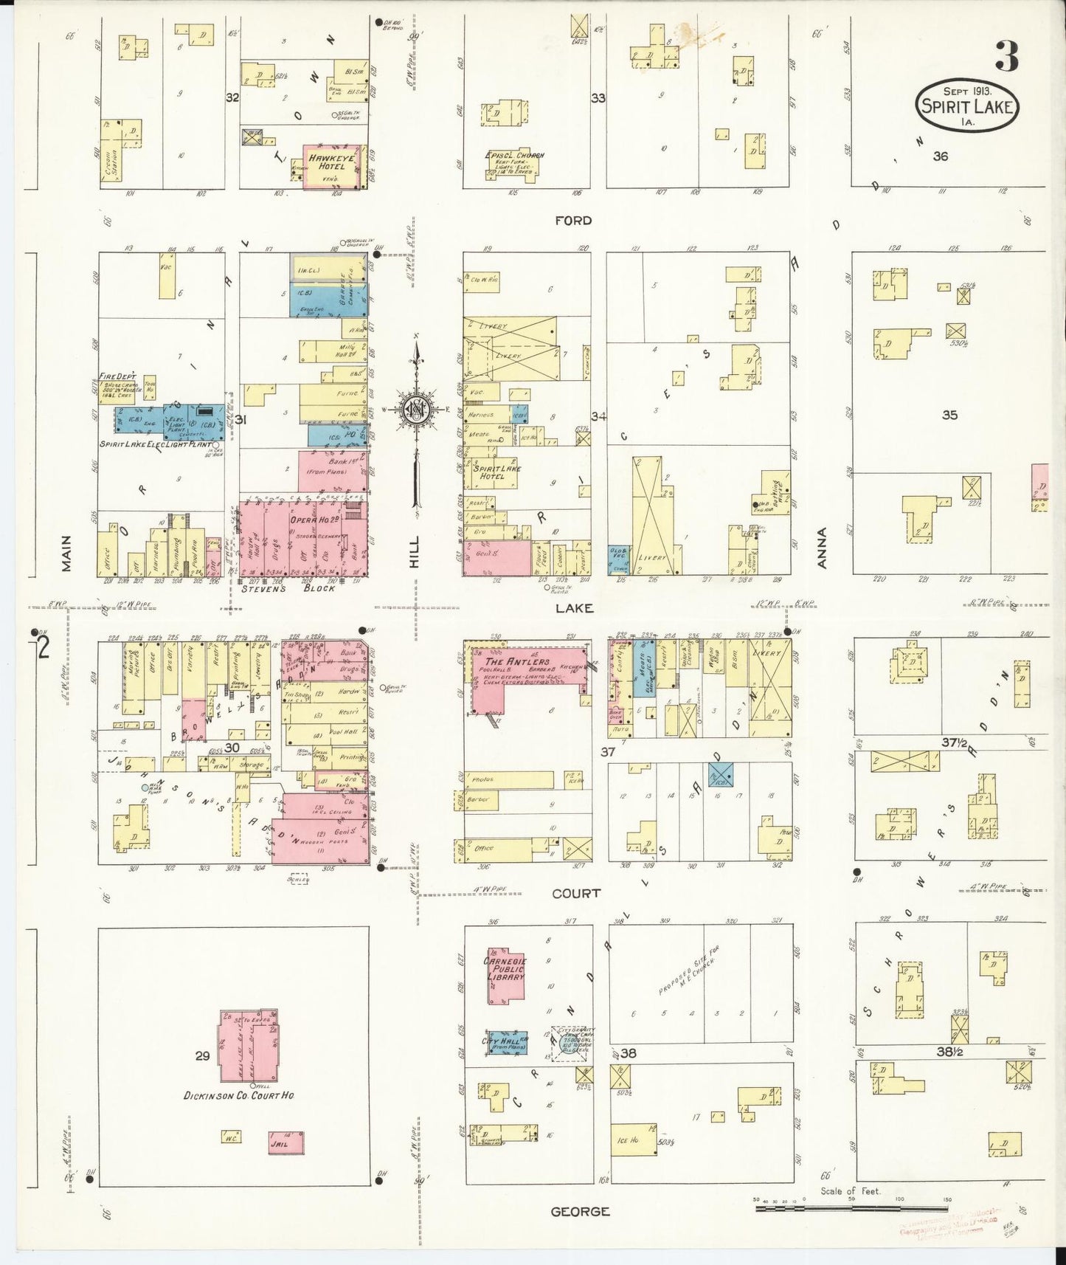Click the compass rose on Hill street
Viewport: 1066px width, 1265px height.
click(417, 408)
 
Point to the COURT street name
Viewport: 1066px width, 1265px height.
click(576, 894)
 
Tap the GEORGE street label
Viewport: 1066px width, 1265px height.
click(581, 1211)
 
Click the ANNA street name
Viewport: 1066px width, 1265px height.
click(823, 548)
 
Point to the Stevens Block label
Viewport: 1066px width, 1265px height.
click(288, 588)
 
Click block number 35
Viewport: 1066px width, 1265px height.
click(949, 415)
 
